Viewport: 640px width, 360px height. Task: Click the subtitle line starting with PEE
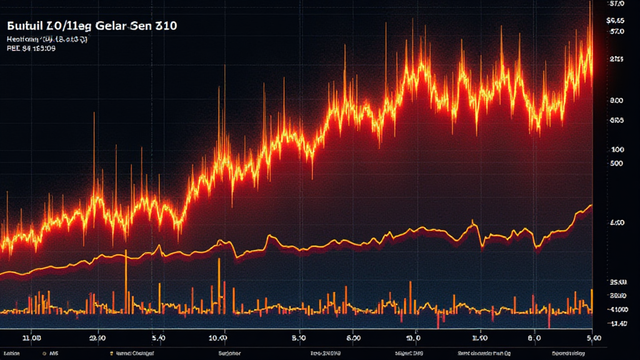point(31,49)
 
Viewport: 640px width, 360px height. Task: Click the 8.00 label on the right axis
point(616,100)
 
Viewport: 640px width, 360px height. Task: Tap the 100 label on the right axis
point(617,149)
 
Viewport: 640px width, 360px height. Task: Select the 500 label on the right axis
point(616,163)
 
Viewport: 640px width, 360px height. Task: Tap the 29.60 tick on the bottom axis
point(99,337)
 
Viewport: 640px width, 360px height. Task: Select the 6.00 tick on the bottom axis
point(353,337)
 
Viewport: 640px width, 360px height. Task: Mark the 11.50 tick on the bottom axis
point(479,337)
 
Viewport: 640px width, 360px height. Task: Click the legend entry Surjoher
point(229,352)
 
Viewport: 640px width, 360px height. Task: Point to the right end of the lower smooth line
point(591,205)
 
